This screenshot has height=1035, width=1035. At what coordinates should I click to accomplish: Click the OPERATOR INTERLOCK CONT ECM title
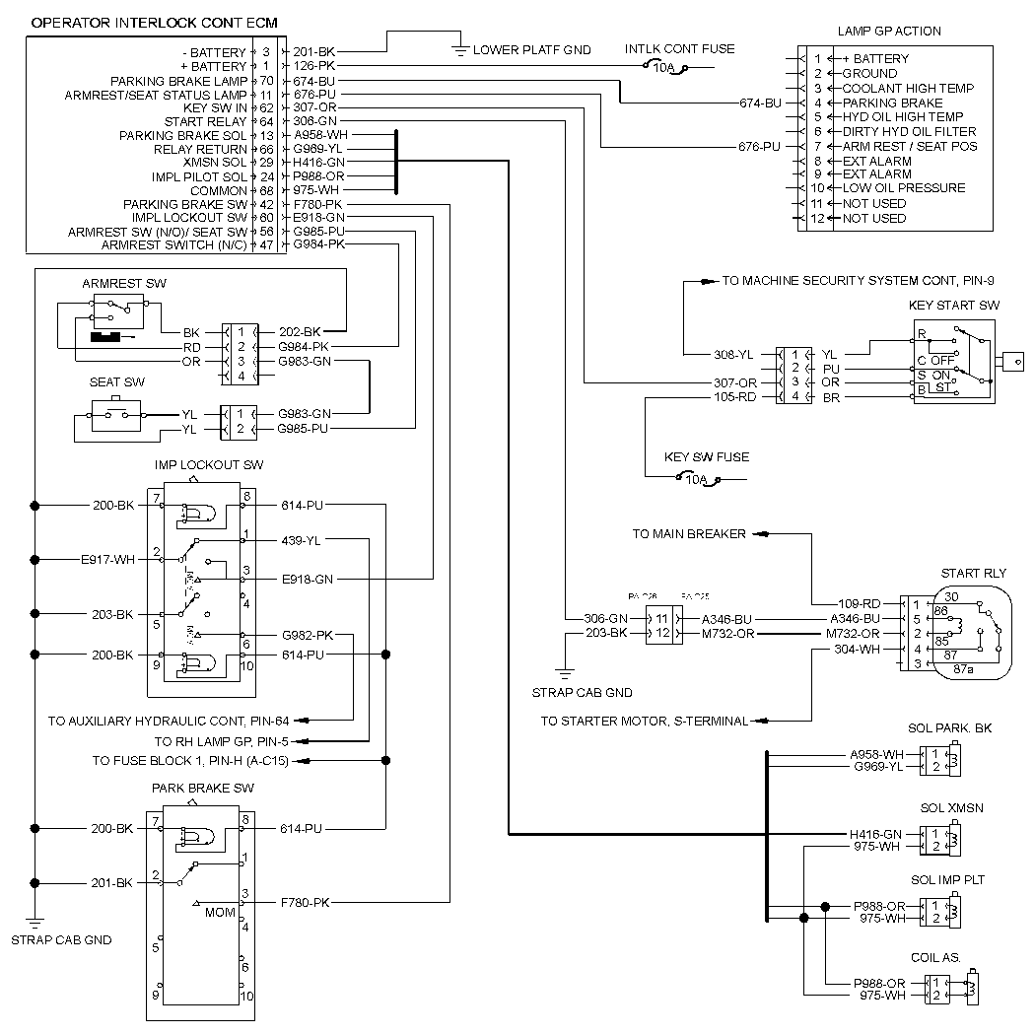[x=154, y=22]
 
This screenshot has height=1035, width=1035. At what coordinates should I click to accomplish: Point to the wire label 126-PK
[x=315, y=66]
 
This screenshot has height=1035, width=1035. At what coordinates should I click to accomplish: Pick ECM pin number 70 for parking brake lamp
[x=266, y=81]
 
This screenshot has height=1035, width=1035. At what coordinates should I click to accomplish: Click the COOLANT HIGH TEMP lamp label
[x=908, y=88]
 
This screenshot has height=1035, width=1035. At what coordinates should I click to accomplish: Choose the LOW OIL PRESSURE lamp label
[x=903, y=188]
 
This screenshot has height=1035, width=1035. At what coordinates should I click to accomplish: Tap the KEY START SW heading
[x=953, y=306]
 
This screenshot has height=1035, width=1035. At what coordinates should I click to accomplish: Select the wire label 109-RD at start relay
[x=860, y=603]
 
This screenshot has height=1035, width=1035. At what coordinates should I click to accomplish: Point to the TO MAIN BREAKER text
[x=689, y=533]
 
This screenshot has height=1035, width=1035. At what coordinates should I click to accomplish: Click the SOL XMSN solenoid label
[x=951, y=808]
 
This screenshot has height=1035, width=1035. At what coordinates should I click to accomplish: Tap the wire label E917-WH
[x=107, y=559]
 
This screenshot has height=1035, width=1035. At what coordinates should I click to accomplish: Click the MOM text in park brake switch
[x=220, y=913]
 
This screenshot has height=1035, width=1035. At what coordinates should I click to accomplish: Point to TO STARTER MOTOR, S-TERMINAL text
[x=644, y=722]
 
